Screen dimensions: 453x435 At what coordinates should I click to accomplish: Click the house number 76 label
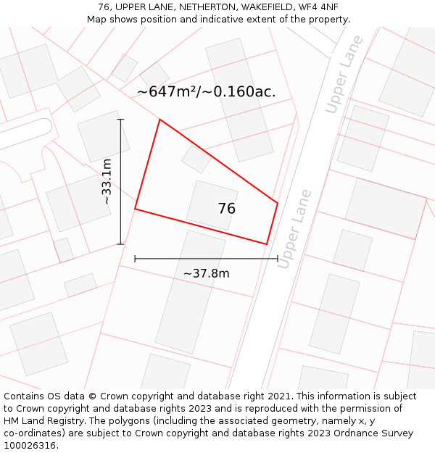click(226, 209)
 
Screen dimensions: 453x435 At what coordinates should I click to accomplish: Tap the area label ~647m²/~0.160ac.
click(206, 92)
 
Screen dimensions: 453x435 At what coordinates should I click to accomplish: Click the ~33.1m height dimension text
click(107, 181)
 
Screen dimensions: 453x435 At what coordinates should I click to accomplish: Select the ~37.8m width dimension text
click(206, 273)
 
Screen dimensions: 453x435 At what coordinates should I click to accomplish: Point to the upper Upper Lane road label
click(344, 74)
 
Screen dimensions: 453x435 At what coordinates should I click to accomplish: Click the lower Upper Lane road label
click(294, 229)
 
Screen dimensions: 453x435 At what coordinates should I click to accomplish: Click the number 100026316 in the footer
click(29, 446)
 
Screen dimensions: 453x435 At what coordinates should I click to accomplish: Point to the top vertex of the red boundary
click(159, 120)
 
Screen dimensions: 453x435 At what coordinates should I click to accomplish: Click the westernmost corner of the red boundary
click(136, 209)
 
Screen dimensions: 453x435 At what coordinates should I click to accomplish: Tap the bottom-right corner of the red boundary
click(266, 244)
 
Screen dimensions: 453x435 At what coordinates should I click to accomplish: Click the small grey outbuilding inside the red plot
click(196, 159)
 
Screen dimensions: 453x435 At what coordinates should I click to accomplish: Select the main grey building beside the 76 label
click(212, 205)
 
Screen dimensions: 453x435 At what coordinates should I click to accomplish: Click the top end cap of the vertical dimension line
click(120, 120)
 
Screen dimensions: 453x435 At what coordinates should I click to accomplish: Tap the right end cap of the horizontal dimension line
click(278, 258)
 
